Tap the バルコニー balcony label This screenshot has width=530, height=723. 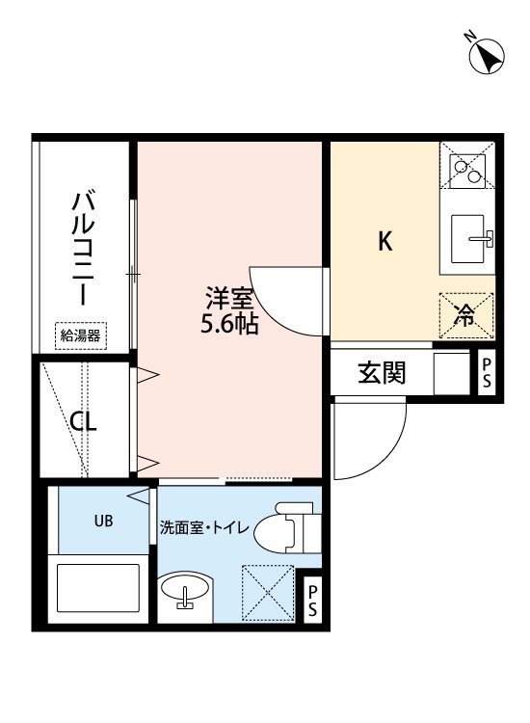(85, 249)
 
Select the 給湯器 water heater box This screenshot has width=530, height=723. (81, 335)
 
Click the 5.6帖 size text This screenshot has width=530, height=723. (228, 325)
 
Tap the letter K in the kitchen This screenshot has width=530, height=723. (384, 242)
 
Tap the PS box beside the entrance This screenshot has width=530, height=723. (487, 372)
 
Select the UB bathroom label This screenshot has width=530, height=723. (102, 521)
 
